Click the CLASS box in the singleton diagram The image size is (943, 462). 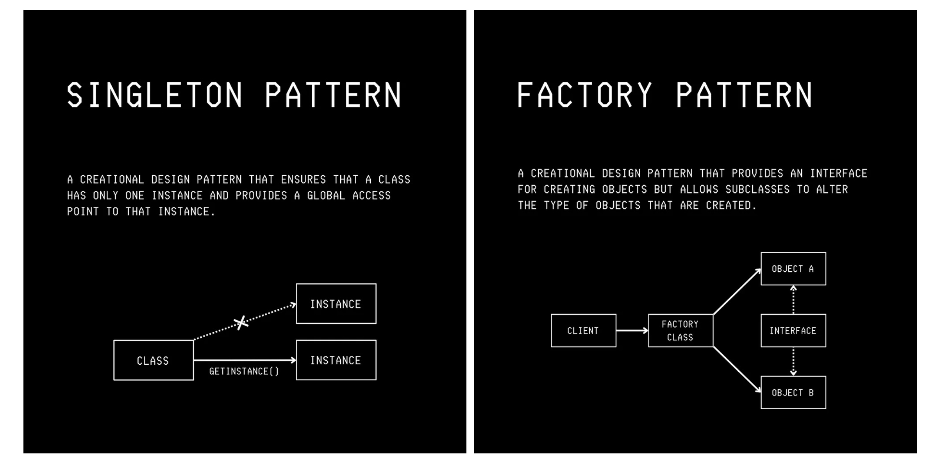coord(154,360)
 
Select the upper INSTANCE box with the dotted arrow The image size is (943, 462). coord(336,304)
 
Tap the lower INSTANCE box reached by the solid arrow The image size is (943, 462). coord(336,360)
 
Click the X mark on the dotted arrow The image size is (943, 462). coord(241,323)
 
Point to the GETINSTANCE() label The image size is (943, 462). coord(244,371)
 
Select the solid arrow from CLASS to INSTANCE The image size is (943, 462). coord(245,360)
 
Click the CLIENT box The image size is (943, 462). coord(583,331)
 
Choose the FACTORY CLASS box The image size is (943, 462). coord(680,331)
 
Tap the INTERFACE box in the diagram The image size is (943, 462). coord(793,331)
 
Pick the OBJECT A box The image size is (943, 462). coord(793,269)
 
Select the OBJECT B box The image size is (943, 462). coord(793,392)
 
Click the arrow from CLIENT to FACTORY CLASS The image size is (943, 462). coord(632,331)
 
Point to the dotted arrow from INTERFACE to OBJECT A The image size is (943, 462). coord(793,300)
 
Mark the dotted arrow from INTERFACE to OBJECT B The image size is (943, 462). coord(793,362)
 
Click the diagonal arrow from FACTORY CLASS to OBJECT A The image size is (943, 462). coord(737,292)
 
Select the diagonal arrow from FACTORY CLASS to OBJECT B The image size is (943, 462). coord(737,369)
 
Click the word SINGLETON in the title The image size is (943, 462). coord(154,95)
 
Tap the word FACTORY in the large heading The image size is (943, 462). coord(584,95)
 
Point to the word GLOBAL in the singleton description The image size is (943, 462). coord(326,195)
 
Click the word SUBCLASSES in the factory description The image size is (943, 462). coord(757,190)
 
